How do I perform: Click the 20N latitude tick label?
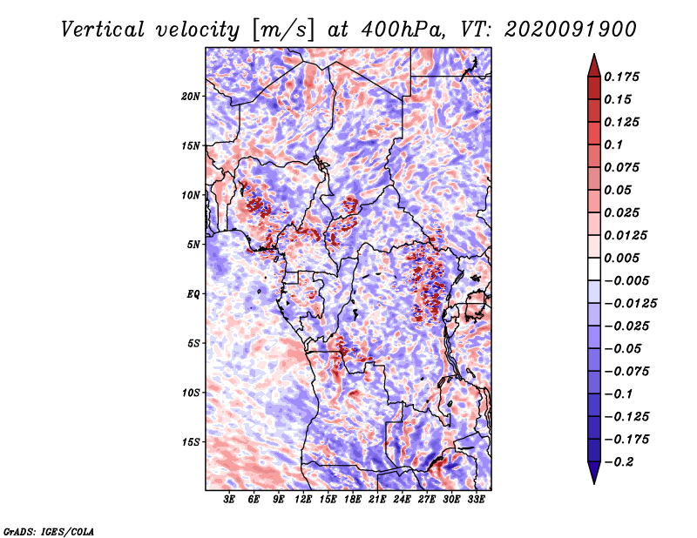[191, 97]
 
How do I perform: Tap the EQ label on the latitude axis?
[193, 294]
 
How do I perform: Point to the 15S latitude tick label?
[191, 442]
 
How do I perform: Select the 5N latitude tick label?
[193, 245]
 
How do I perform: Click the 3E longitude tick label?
[229, 500]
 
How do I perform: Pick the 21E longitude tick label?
[377, 500]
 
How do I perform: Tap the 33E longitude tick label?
[476, 500]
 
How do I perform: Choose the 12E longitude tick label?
[302, 500]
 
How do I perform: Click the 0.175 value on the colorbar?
[621, 77]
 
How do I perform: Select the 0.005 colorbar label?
[621, 258]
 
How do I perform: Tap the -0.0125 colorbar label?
[630, 304]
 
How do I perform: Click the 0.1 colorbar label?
[613, 145]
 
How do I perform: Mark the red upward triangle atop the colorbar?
[594, 65]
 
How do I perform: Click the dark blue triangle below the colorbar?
[594, 473]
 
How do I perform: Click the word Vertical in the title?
[103, 30]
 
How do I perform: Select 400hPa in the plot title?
[403, 30]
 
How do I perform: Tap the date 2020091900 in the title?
[571, 30]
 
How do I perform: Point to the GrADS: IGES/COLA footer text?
[49, 531]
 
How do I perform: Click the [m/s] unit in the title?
[282, 30]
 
